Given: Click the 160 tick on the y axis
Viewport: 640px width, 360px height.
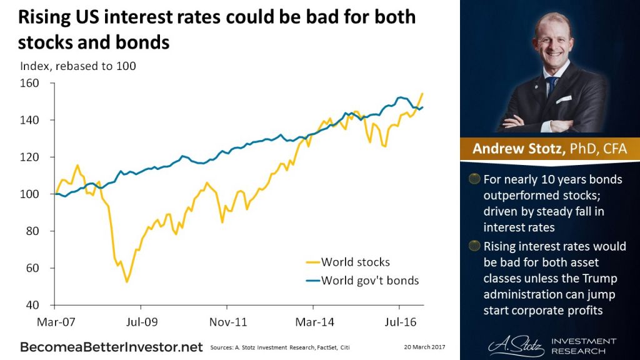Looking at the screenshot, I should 30,83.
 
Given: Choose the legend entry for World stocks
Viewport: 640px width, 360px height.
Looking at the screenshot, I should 355,262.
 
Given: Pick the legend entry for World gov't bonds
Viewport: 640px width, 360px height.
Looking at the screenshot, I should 369,280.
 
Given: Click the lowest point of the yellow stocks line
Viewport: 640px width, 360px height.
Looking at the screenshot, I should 127,282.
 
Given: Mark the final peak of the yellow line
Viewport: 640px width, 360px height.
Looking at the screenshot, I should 422,93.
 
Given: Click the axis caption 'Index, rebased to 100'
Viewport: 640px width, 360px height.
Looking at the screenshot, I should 78,66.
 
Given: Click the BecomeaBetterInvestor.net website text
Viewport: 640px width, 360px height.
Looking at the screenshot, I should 111,346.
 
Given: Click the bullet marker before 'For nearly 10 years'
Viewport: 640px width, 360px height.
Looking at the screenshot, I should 475,179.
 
